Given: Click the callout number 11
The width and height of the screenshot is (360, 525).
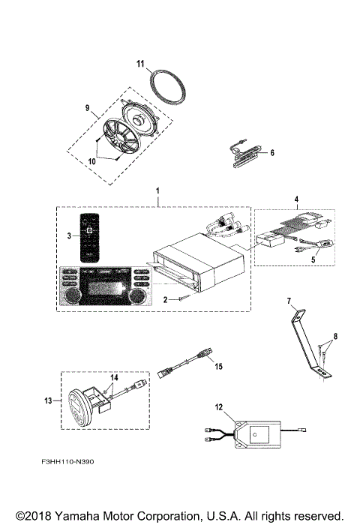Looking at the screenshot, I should [x=139, y=65].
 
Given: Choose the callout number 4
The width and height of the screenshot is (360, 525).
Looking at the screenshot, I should [x=297, y=201].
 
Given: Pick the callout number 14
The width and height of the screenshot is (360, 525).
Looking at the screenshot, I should [x=115, y=377].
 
